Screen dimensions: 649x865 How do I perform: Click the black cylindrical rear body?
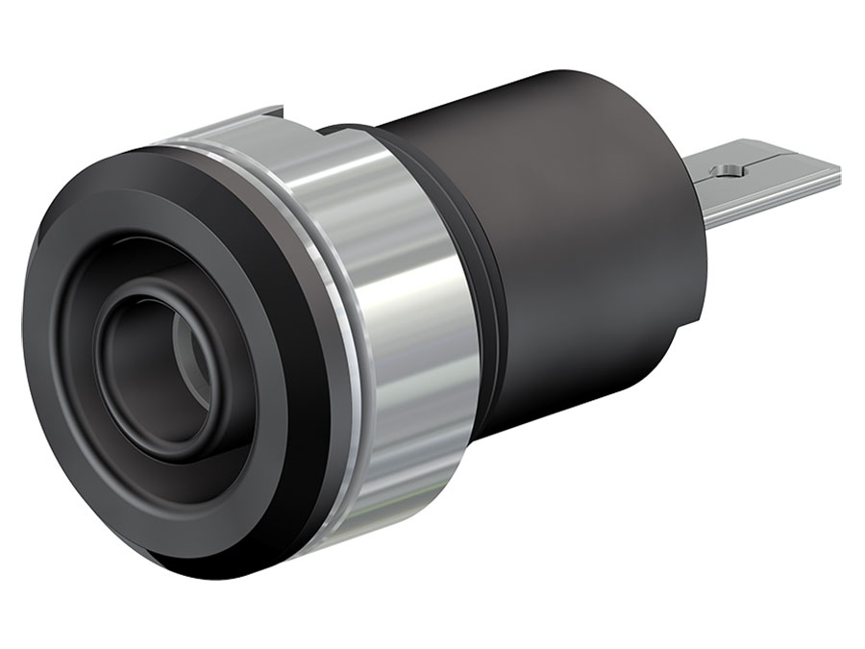[x=577, y=240]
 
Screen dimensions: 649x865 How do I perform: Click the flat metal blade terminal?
[x=769, y=183]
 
